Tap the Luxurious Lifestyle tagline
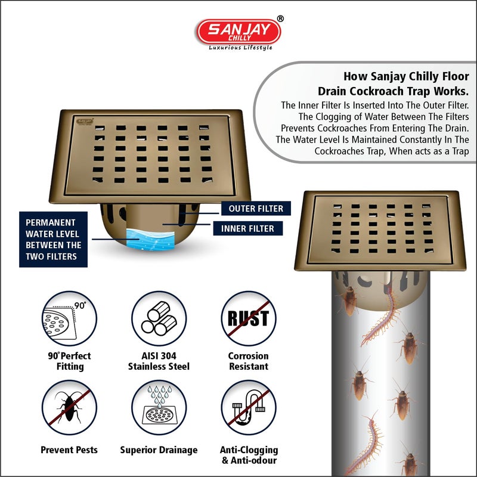coord(240,48)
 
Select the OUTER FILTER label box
coord(252,209)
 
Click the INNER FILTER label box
coord(247,228)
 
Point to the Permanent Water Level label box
coord(53,238)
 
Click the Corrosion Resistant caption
coord(248,361)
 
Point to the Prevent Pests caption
coord(69,450)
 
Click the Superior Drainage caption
coord(159,450)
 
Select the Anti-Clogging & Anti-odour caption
coord(248,455)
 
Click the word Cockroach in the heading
coord(391,92)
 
